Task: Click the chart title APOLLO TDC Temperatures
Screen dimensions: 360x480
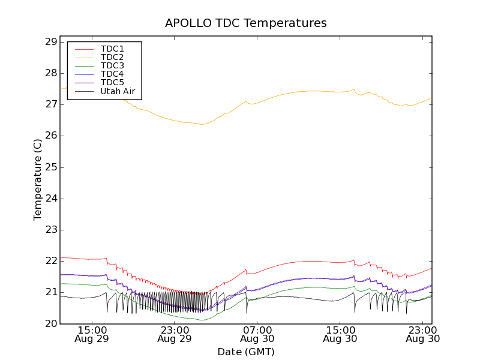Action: pyautogui.click(x=246, y=23)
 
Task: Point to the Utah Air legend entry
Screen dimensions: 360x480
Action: pyautogui.click(x=118, y=91)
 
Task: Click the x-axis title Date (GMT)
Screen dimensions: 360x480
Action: pyautogui.click(x=246, y=352)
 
